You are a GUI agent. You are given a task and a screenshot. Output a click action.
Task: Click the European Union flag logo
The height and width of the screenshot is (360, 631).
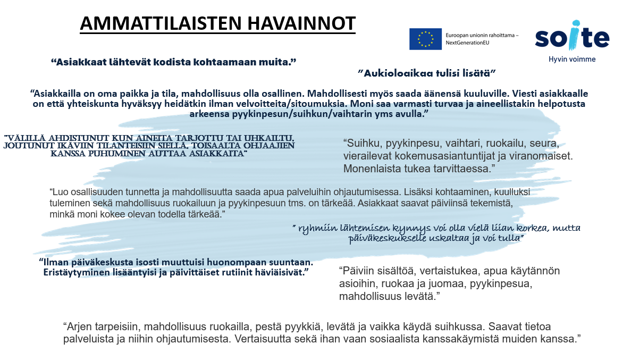point(425,39)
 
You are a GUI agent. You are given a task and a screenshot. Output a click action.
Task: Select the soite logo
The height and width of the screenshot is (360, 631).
point(572,38)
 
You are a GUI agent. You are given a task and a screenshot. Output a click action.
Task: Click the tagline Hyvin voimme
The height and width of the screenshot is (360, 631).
point(572,59)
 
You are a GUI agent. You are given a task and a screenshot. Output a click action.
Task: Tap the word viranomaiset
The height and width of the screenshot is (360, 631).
point(543,157)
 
